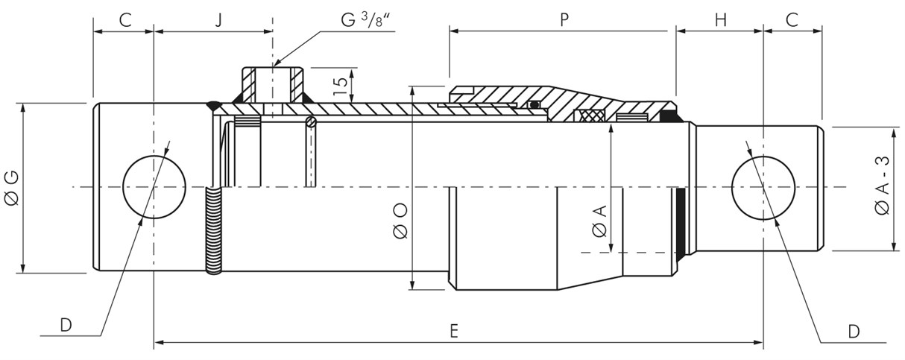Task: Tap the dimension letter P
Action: tap(564, 20)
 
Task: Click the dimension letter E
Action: tap(454, 332)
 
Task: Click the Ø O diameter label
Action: tap(400, 219)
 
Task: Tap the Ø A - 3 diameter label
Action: tap(882, 186)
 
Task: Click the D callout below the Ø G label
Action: tap(66, 326)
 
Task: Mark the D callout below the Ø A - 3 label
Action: tap(854, 330)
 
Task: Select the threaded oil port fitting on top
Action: tap(271, 83)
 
